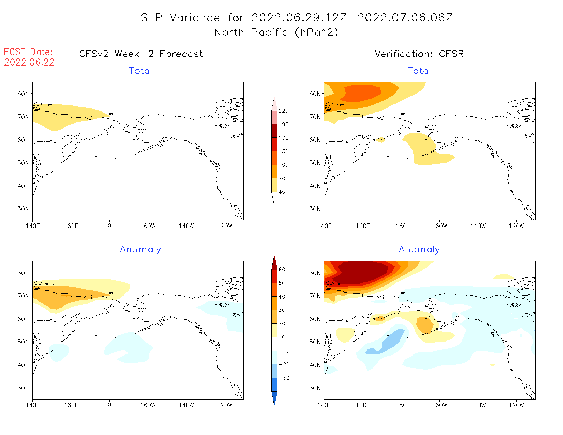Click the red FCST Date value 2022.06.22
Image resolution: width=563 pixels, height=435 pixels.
pos(29,62)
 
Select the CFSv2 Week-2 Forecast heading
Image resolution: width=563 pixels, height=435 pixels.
pos(141,54)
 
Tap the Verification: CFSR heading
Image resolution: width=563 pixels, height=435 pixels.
pos(419,54)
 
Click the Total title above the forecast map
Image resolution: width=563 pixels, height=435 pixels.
pos(141,71)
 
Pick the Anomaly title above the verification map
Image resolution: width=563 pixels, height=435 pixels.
pos(419,250)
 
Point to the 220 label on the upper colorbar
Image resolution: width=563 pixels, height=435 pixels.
pos(283,111)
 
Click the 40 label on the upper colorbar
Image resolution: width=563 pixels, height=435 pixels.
pos(282,192)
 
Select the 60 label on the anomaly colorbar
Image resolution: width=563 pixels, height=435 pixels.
pos(282,270)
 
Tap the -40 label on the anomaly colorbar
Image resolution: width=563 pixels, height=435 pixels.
pos(284,392)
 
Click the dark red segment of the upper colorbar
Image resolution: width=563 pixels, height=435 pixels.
pos(274,131)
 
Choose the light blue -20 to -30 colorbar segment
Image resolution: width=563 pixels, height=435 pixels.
pos(274,371)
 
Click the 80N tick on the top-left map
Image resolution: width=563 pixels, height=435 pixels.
pos(23,94)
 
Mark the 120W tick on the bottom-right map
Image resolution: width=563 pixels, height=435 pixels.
pos(516,405)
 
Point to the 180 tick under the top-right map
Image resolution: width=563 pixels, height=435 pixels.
pos(401,226)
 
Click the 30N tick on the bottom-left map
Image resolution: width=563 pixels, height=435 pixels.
pos(23,388)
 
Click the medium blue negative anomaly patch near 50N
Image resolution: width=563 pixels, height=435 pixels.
pos(391,341)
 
